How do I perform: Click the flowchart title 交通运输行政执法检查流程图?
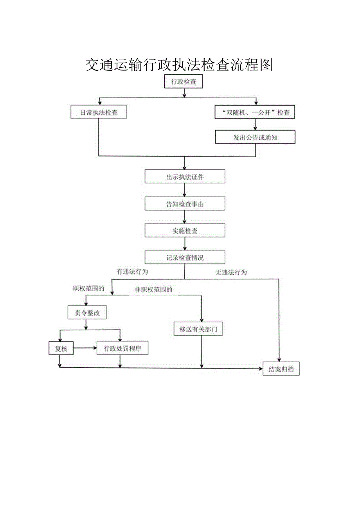[179, 65]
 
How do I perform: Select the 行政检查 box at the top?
[184, 82]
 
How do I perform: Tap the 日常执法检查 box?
[99, 113]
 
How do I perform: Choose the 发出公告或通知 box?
[255, 137]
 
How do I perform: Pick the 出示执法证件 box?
[185, 177]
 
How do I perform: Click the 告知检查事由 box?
[185, 204]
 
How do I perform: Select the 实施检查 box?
[185, 231]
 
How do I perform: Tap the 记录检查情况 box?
[185, 257]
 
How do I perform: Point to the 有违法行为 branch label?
[132, 272]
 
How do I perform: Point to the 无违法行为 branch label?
[231, 273]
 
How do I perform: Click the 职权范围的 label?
[88, 289]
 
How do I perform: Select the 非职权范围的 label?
[153, 290]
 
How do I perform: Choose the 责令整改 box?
[86, 313]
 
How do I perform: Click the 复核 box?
[61, 349]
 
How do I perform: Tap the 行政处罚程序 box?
[122, 349]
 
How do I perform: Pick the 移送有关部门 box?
[201, 329]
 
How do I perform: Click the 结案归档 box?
[281, 369]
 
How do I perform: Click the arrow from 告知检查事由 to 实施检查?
[185, 217]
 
